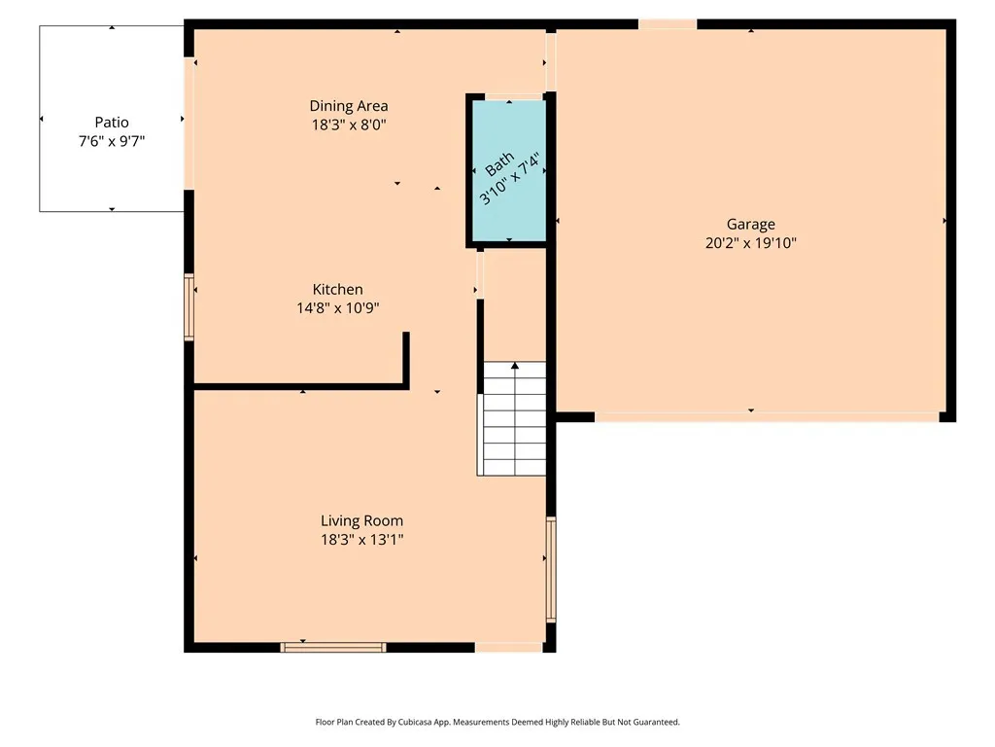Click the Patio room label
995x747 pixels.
click(x=112, y=122)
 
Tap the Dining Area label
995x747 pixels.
click(x=349, y=106)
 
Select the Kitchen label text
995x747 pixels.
click(x=337, y=290)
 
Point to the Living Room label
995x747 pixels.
click(x=361, y=521)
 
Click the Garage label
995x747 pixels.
click(x=751, y=225)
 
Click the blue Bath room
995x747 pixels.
click(x=509, y=171)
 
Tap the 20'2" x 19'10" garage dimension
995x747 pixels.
click(x=751, y=242)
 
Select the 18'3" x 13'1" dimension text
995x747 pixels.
click(x=361, y=540)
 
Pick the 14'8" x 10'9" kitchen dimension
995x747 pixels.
click(x=337, y=308)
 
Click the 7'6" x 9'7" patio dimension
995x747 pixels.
click(x=112, y=141)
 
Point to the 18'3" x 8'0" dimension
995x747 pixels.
click(x=349, y=124)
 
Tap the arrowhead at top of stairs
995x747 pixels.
click(x=515, y=366)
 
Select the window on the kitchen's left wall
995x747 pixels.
click(x=189, y=307)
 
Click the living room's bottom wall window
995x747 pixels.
click(x=333, y=647)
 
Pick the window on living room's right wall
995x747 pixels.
click(x=551, y=569)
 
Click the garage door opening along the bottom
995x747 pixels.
click(x=767, y=416)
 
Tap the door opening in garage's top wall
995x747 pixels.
click(x=668, y=24)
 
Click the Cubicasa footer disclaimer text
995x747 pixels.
click(x=497, y=723)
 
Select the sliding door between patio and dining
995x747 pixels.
click(x=189, y=124)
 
